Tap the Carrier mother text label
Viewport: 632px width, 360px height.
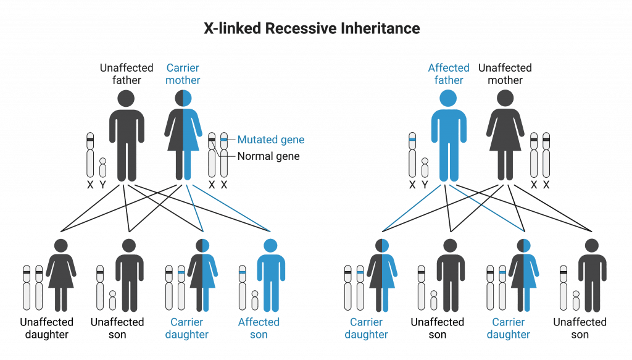[183, 73]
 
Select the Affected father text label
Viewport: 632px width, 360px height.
[449, 73]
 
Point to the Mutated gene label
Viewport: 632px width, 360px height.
[271, 140]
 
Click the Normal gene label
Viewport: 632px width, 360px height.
[271, 157]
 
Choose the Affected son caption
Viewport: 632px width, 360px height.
[259, 328]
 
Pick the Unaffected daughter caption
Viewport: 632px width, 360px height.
[46, 328]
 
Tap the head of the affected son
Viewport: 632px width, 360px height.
[272, 246]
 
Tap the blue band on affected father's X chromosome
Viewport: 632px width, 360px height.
[412, 143]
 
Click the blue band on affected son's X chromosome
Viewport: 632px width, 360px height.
[243, 272]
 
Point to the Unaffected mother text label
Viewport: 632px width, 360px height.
[505, 73]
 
